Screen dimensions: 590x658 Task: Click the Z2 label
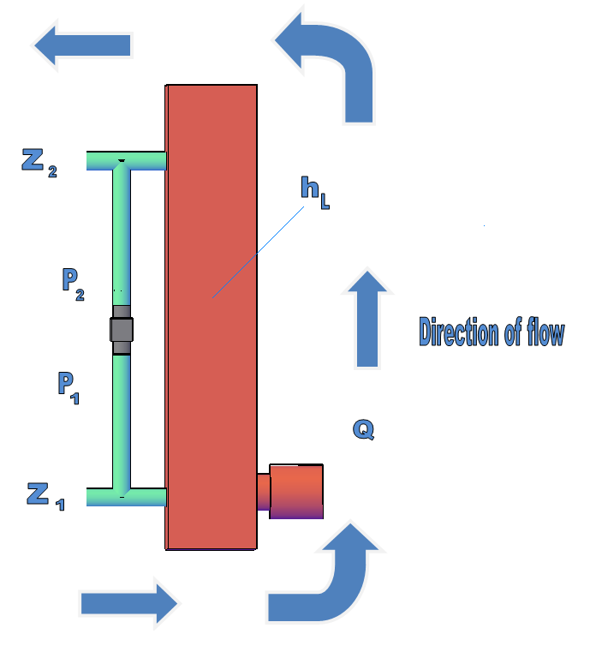click(x=39, y=163)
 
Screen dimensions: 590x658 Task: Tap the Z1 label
click(x=45, y=496)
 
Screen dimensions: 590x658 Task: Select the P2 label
click(x=74, y=284)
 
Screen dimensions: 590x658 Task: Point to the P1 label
click(x=69, y=388)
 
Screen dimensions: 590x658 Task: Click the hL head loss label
click(x=315, y=193)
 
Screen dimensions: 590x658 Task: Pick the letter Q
click(x=364, y=429)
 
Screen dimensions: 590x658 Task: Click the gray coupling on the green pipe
click(x=122, y=330)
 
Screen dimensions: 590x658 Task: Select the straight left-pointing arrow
click(x=82, y=45)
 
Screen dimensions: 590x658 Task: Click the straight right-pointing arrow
click(x=128, y=603)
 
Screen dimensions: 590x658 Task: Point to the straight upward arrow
click(x=367, y=319)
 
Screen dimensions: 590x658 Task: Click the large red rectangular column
click(x=211, y=317)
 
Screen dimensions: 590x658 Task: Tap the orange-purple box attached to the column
click(x=296, y=492)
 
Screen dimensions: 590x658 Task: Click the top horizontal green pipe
click(x=126, y=161)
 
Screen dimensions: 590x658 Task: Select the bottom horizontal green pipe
click(x=126, y=497)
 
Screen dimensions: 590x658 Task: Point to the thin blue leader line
click(x=259, y=252)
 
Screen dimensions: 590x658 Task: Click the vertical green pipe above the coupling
click(x=122, y=235)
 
